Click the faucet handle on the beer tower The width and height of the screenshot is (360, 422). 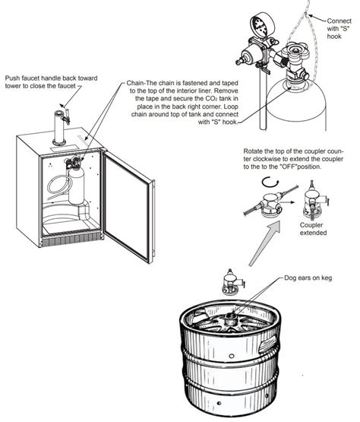(x=67, y=116)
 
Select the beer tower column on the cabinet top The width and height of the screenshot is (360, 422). (x=58, y=128)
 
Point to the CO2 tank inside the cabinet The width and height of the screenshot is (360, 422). (x=77, y=186)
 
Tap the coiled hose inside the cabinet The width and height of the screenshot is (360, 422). (x=59, y=186)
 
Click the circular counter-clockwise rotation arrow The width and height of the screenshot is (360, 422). (x=270, y=182)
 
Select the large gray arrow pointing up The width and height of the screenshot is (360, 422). (x=264, y=244)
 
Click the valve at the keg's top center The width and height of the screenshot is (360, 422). (x=231, y=318)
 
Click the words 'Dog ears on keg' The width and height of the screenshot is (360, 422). (x=308, y=278)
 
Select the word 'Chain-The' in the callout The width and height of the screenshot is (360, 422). (x=140, y=83)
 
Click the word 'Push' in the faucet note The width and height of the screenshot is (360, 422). (x=12, y=78)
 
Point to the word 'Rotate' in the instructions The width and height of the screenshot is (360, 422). (x=252, y=151)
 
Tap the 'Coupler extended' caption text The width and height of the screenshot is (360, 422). (x=312, y=229)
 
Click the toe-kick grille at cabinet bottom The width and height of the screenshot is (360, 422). (x=71, y=240)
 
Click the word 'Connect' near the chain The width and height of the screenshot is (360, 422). (x=339, y=21)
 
